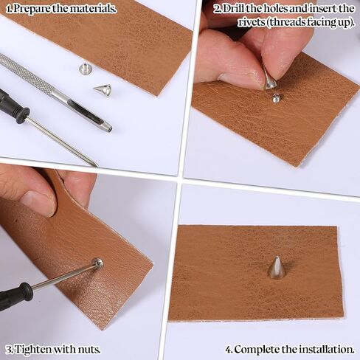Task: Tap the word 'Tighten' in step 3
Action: tap(32, 350)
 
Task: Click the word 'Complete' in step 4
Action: tap(257, 350)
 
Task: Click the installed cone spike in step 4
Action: tap(276, 269)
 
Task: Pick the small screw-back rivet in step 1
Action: tap(85, 69)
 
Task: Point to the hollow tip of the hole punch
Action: tap(108, 128)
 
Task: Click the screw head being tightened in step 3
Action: tap(97, 263)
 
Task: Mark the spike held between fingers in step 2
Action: tap(269, 80)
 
